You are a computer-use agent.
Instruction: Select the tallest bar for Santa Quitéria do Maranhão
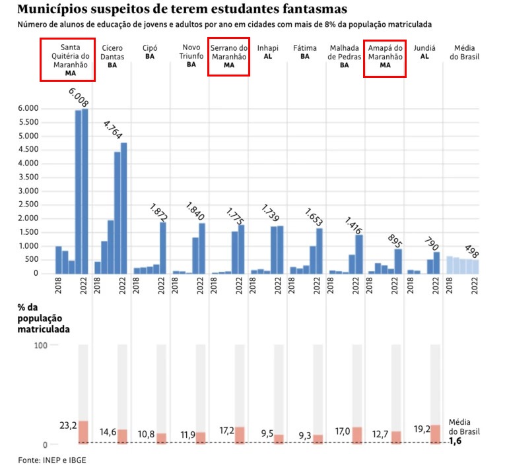(84, 191)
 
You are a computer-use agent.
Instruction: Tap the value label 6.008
(79, 99)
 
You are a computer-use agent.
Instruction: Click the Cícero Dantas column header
(112, 56)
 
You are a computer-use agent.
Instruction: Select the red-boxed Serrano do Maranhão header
(229, 56)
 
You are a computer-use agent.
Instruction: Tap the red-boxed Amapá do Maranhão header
(385, 56)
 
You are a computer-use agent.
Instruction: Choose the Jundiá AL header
(423, 52)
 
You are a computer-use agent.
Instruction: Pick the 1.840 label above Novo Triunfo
(196, 213)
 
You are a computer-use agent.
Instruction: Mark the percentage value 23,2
(67, 426)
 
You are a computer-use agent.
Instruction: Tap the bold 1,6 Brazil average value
(456, 442)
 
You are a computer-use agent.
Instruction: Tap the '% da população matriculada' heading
(46, 318)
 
